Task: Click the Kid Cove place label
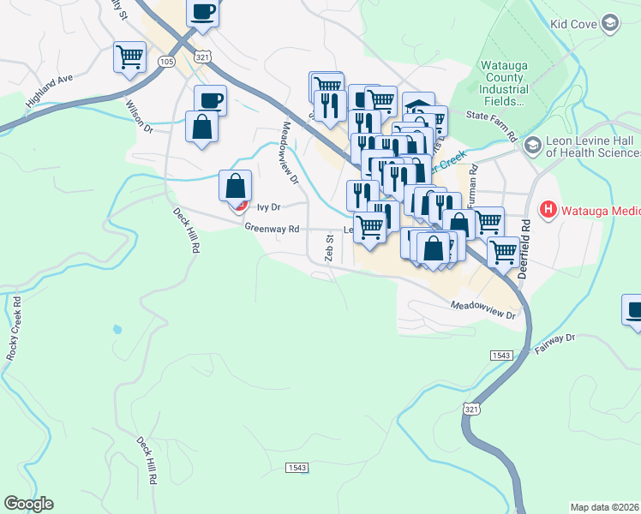[x=573, y=24]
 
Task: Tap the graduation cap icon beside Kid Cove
[x=610, y=23]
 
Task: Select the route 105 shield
[x=167, y=62]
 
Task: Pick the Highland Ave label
[x=51, y=90]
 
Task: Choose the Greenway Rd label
[x=271, y=229]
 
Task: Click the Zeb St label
[x=328, y=248]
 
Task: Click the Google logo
[x=29, y=504]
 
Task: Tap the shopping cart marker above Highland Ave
[x=129, y=57]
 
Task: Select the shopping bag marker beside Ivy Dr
[x=236, y=186]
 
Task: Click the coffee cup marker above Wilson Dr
[x=210, y=100]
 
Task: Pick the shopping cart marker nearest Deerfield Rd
[x=503, y=252]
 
